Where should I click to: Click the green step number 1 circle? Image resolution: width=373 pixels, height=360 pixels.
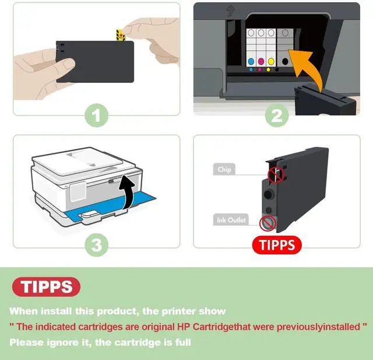click(97, 116)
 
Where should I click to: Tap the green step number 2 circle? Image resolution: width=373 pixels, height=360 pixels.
click(277, 116)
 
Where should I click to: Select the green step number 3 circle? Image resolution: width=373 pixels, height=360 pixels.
click(97, 244)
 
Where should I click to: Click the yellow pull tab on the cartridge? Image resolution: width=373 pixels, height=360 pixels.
click(121, 35)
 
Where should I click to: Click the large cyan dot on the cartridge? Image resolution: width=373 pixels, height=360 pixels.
click(251, 61)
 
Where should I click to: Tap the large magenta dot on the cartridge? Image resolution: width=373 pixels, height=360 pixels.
click(261, 61)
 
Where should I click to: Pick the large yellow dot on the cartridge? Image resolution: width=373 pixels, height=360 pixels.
click(271, 61)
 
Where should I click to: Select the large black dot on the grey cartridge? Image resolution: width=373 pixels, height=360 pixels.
click(285, 61)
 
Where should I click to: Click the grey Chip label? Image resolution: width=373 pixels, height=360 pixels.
click(224, 169)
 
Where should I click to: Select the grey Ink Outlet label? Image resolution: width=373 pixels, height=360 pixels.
click(231, 220)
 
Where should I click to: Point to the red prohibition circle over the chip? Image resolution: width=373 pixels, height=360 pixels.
click(276, 175)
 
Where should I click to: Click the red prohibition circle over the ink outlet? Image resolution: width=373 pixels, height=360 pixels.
click(268, 223)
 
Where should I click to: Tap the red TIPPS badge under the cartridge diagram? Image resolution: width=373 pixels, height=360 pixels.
click(277, 244)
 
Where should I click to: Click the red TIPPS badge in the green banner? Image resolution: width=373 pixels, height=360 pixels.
click(46, 286)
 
